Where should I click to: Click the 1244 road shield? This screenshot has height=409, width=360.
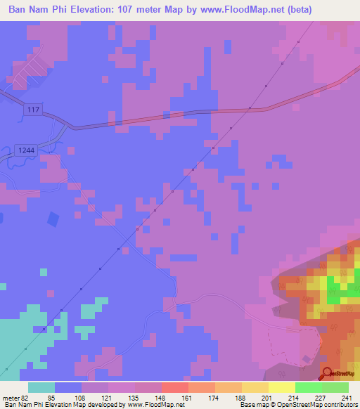23,150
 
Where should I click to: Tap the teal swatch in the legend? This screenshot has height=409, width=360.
41,387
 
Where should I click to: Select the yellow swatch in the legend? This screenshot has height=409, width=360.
281,387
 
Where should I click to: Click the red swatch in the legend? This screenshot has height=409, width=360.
174,387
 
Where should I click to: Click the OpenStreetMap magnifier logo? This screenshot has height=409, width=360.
327,373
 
